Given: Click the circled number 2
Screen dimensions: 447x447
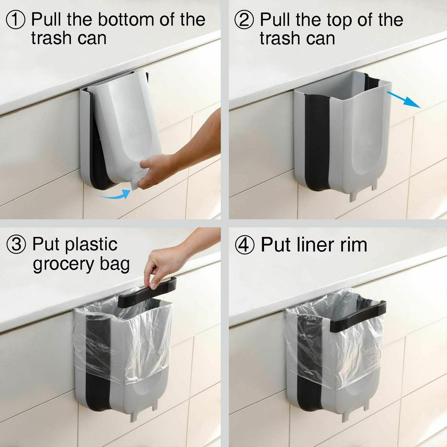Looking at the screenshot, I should [x=244, y=20].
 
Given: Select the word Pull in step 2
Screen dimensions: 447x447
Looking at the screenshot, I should [x=275, y=20].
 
